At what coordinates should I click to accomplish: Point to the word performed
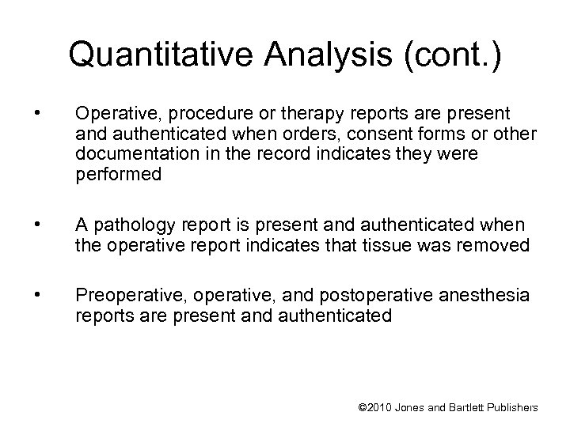point(118,173)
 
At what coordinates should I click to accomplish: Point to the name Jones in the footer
point(416,407)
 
